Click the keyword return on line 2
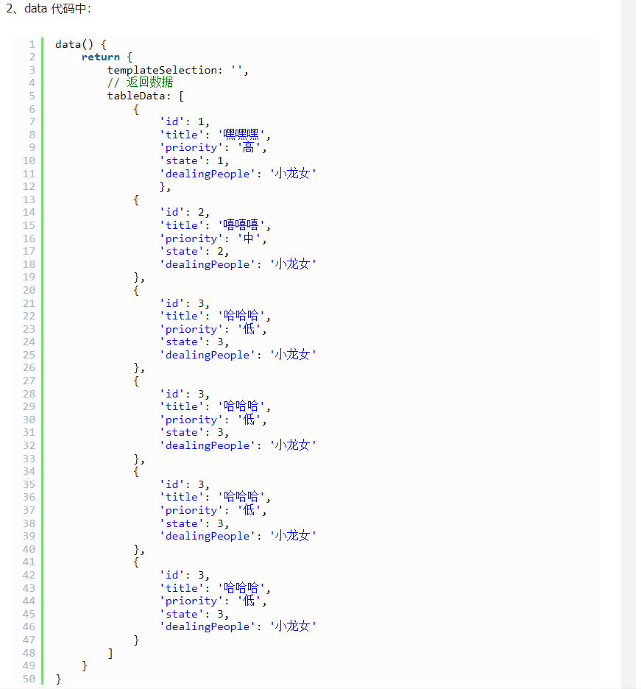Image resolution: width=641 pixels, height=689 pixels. pos(100,57)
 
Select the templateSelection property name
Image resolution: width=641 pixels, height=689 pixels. pos(164,70)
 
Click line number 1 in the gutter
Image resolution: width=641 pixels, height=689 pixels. pos(32,44)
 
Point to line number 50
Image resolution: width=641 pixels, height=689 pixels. pos(29,679)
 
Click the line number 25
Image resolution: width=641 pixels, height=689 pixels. pos(29,355)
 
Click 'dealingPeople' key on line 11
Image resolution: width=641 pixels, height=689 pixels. pos(205,174)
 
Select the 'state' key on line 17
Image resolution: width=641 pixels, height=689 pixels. pos(179,251)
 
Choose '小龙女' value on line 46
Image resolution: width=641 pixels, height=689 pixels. pos(293,626)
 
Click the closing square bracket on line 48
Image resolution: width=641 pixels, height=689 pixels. pos(110,653)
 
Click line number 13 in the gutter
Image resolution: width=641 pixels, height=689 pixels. pos(29,199)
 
